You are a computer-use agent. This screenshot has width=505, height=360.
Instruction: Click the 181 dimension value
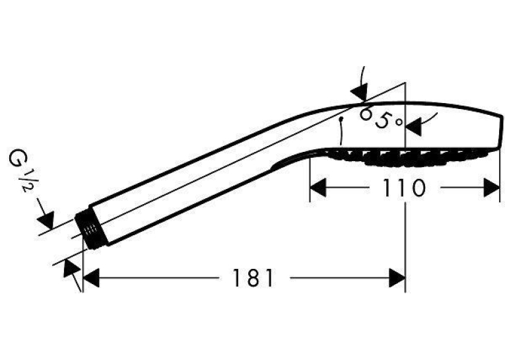253,278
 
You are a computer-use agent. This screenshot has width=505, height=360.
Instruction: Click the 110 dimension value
404,188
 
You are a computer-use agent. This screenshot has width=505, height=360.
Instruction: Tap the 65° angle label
382,118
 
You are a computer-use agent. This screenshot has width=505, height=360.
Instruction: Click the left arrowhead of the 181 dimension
91,278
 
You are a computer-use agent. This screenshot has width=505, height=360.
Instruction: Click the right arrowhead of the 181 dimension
397,278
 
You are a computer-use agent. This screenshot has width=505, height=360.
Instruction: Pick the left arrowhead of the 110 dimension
318,188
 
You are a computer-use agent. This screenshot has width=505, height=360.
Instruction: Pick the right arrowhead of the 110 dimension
492,188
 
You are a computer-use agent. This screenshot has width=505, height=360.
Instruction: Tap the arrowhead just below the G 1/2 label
46,220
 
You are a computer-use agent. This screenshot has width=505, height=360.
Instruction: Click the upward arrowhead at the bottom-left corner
71,268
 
